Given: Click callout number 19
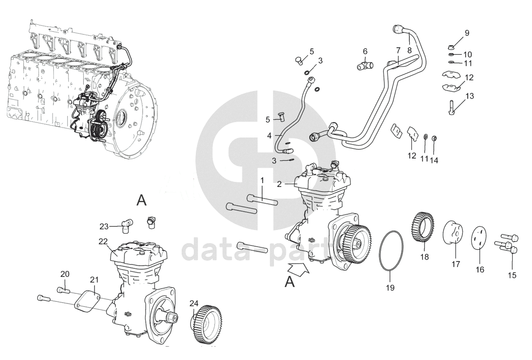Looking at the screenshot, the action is pyautogui.click(x=390, y=288).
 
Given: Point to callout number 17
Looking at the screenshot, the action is pyautogui.click(x=455, y=264).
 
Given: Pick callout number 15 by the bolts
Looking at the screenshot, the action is pyautogui.click(x=512, y=275).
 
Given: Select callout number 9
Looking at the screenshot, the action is pyautogui.click(x=467, y=33).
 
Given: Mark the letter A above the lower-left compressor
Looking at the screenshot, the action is pyautogui.click(x=141, y=201).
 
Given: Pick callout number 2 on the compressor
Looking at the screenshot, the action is pyautogui.click(x=279, y=184).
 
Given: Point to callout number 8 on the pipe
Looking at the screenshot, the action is pyautogui.click(x=409, y=50).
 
